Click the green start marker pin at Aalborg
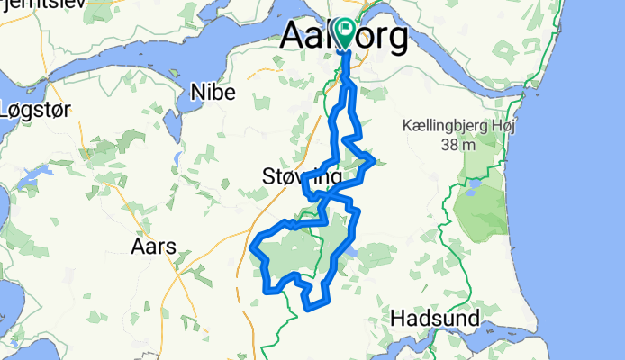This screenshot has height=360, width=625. coord(343,30)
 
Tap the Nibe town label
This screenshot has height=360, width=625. coord(213,92)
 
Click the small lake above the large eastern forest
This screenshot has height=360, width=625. coord(470,190)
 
